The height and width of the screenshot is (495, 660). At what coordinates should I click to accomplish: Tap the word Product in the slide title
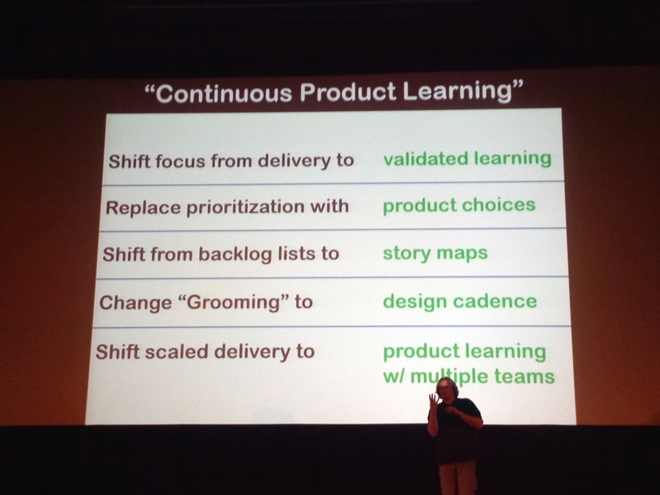[x=348, y=92]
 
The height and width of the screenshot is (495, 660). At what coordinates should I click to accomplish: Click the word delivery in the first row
[x=294, y=160]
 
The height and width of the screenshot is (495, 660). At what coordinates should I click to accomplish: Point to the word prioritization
[x=245, y=207]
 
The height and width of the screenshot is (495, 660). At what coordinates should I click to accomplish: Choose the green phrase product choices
[x=459, y=206]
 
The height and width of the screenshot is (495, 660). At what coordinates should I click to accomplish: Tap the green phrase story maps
[x=435, y=253]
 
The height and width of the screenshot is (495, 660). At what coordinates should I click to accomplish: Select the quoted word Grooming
[x=234, y=303]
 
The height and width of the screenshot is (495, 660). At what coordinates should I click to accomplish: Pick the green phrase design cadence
[x=459, y=302]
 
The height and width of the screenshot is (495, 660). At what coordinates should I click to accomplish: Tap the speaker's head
[x=447, y=387]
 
